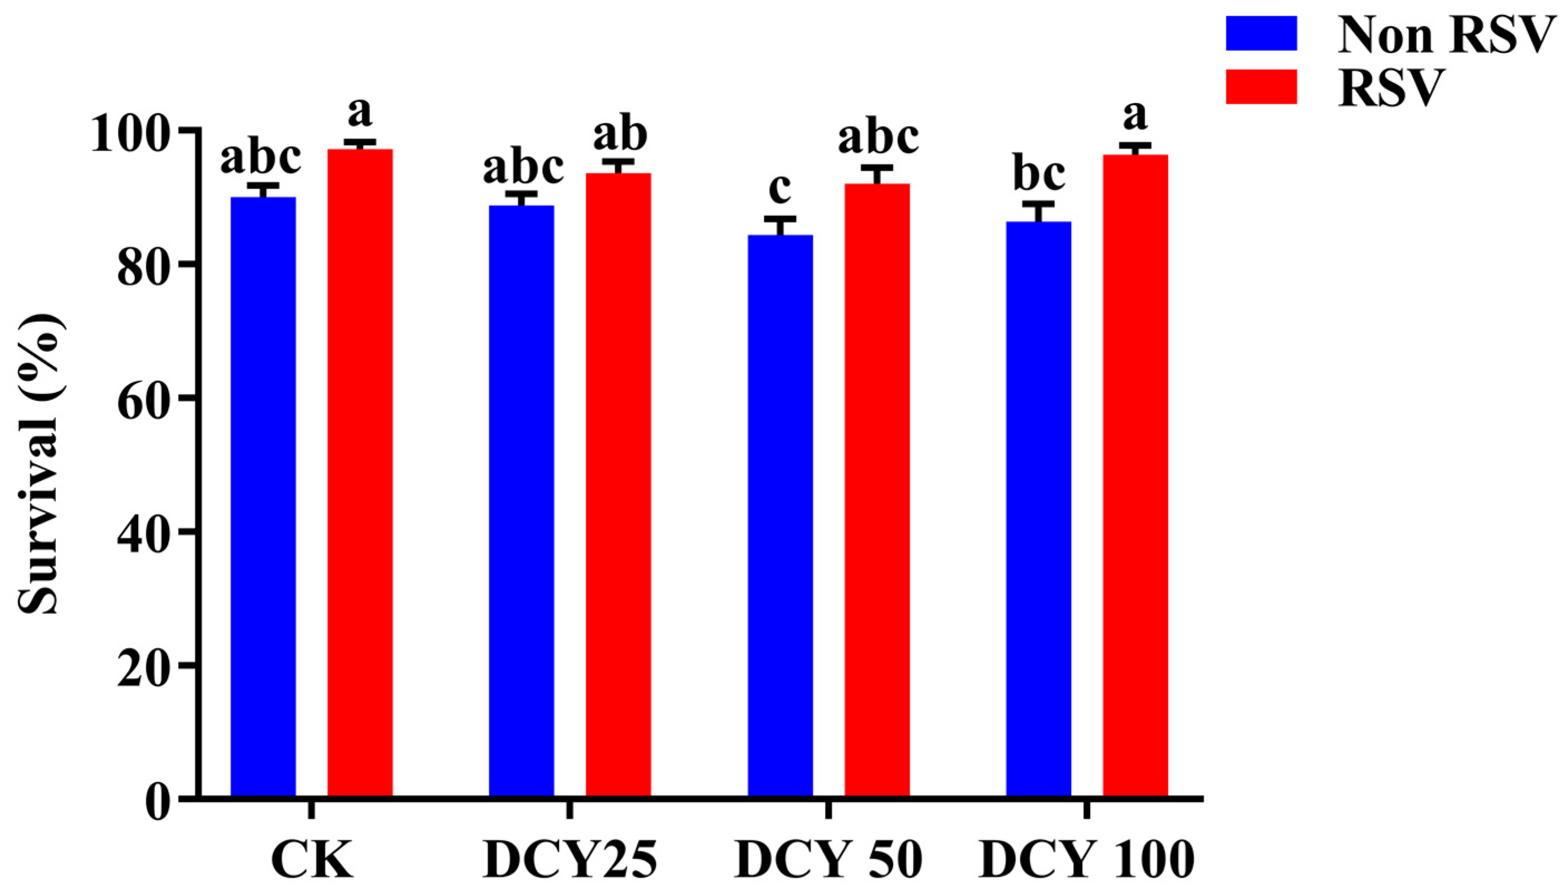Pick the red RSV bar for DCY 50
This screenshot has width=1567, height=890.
pyautogui.click(x=877, y=489)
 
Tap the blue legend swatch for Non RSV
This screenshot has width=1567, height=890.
pyautogui.click(x=1261, y=33)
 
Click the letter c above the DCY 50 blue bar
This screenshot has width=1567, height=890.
pyautogui.click(x=780, y=188)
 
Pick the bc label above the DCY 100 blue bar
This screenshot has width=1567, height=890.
pyautogui.click(x=1039, y=174)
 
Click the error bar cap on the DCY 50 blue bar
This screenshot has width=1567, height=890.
pyautogui.click(x=780, y=218)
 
